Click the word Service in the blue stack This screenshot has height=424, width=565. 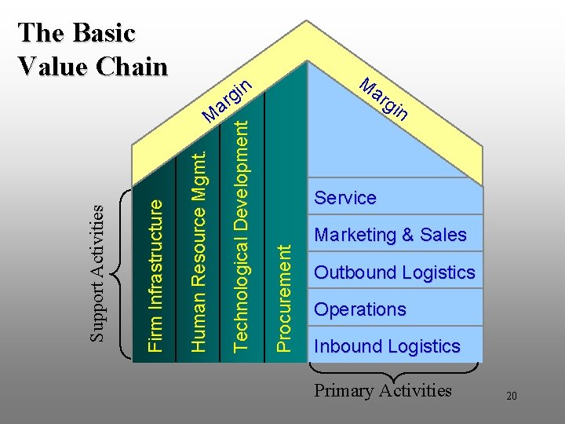[x=345, y=198]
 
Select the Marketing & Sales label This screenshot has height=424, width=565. [x=390, y=235]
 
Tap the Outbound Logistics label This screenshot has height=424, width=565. [x=395, y=272]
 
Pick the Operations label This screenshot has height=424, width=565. [x=360, y=309]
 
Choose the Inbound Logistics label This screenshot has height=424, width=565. [x=387, y=346]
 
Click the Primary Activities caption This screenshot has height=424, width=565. [x=383, y=390]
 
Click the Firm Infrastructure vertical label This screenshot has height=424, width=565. [x=157, y=274]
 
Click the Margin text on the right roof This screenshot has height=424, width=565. [x=384, y=98]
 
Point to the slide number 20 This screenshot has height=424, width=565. [x=511, y=397]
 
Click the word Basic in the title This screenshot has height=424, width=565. [x=103, y=33]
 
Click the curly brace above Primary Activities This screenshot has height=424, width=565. [x=392, y=369]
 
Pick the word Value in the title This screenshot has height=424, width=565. [x=49, y=66]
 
